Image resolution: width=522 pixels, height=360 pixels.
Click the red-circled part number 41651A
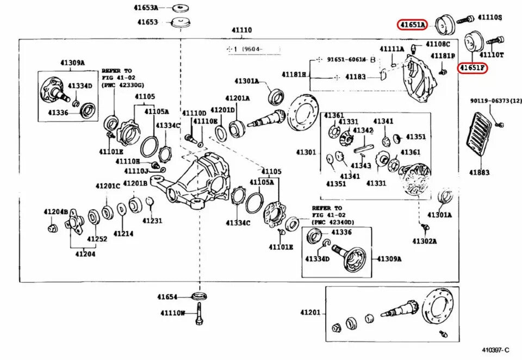pos(412,24)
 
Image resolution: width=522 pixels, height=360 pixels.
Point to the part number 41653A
pos(147,8)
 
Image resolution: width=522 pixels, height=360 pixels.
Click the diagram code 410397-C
pos(495,350)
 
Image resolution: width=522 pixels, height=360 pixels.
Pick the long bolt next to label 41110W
pos(199,314)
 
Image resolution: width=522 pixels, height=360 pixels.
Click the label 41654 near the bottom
pos(168,297)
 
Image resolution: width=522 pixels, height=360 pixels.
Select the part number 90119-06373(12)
pos(495,101)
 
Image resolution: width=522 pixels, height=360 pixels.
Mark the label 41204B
pos(56,212)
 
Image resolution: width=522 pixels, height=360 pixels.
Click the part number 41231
pos(153,221)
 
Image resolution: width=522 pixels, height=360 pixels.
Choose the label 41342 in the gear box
pos(363,131)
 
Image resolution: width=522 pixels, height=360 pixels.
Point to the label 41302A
pos(425,240)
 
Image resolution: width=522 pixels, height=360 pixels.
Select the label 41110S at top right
pos(489,18)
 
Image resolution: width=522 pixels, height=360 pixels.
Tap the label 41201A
pos(238,98)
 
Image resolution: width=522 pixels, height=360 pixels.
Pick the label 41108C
pos(437,44)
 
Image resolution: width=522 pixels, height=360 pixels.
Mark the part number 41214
pos(124,233)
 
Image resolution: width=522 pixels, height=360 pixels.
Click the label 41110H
pos(128,162)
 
